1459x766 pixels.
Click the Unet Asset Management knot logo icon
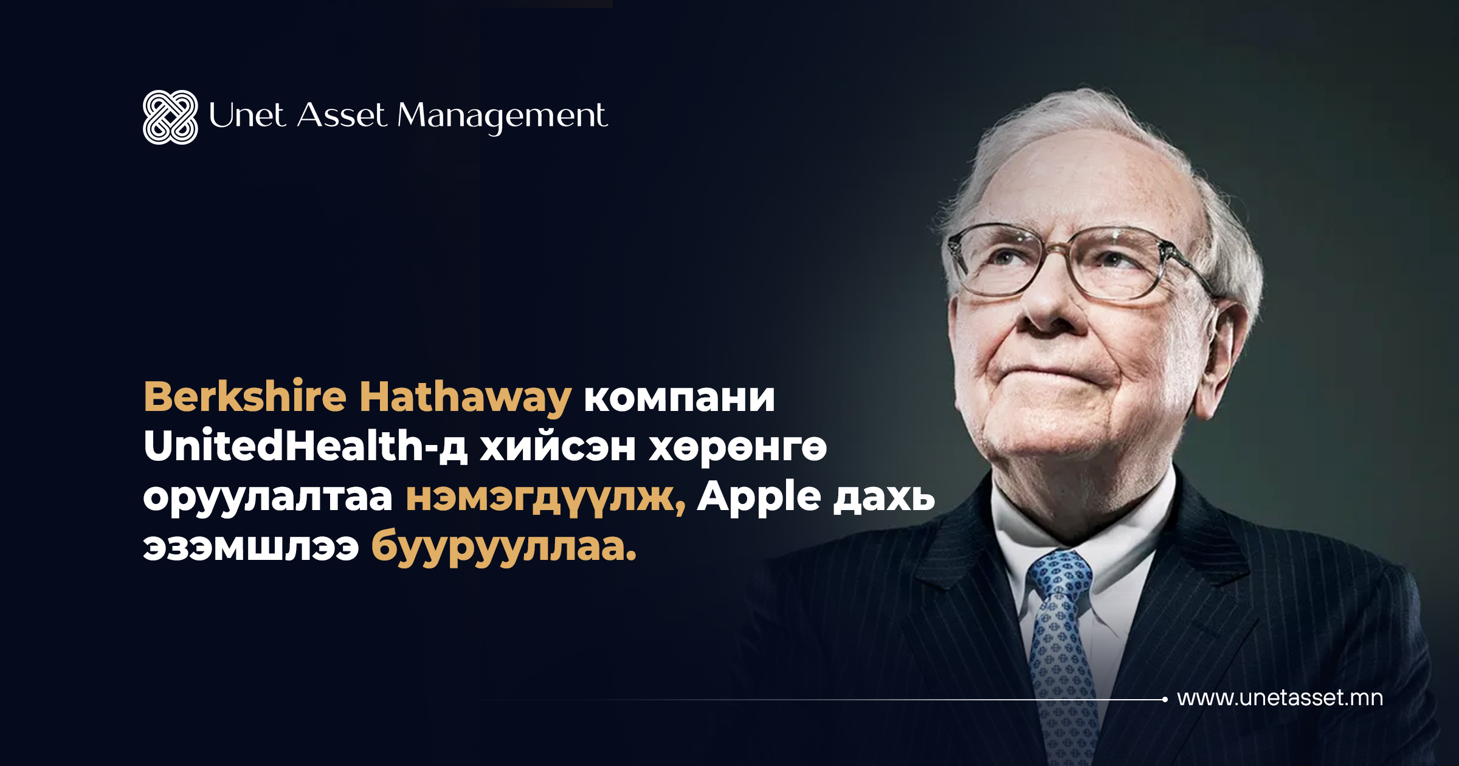point(170,117)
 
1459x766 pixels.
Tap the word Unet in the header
point(247,115)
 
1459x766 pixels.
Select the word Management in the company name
point(502,117)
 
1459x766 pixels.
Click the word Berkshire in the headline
point(245,396)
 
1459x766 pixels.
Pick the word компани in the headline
point(679,400)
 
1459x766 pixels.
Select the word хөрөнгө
point(738,450)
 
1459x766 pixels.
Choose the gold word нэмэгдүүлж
point(545,499)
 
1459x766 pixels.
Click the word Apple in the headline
point(759,497)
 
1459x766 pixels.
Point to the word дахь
point(884,497)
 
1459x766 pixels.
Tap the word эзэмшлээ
point(250,548)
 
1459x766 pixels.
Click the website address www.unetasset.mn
point(1280,698)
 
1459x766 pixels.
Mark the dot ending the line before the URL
point(1165,699)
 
